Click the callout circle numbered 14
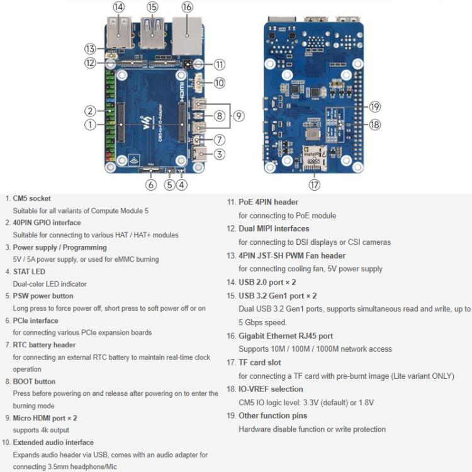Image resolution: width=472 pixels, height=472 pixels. [x=118, y=7]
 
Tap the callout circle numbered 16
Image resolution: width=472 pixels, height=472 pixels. [x=187, y=7]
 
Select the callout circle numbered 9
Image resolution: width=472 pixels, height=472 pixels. [x=238, y=115]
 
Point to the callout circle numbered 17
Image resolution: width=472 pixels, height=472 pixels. [x=315, y=184]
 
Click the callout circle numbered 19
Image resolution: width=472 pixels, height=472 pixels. [x=375, y=106]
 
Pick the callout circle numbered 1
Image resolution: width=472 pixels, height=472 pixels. [x=91, y=125]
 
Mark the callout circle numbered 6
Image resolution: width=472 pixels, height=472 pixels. [x=150, y=184]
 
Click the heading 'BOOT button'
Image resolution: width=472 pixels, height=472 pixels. [x=34, y=381]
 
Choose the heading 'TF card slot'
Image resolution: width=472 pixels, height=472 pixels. [x=260, y=362]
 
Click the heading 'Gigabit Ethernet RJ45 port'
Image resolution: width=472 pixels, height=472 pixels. [x=286, y=336]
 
